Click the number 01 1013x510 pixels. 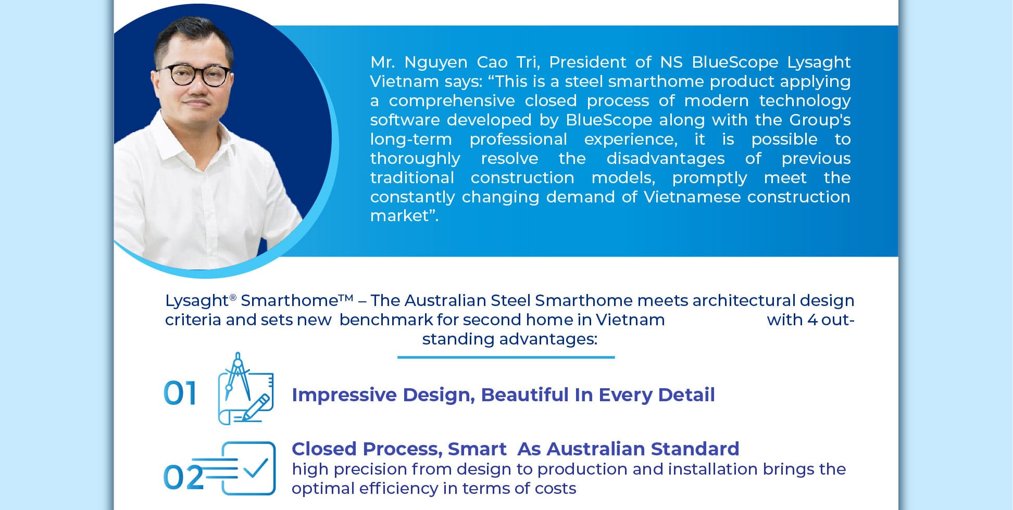tap(180, 393)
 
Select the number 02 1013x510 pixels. tap(183, 477)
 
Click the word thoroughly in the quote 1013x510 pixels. tap(415, 159)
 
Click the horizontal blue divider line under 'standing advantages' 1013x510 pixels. tap(506, 358)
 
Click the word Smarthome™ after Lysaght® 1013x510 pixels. tap(297, 300)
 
